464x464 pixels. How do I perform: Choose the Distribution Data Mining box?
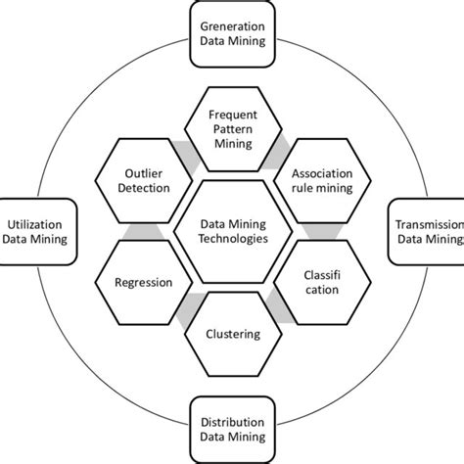[x=233, y=427]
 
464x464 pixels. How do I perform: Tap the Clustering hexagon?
[x=233, y=334]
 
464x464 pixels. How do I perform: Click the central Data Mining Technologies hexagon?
[x=233, y=230]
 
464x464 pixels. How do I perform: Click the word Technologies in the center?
[x=233, y=238]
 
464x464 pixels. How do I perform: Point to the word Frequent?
[x=233, y=114]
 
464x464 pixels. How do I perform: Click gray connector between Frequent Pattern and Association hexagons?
[x=281, y=147]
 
